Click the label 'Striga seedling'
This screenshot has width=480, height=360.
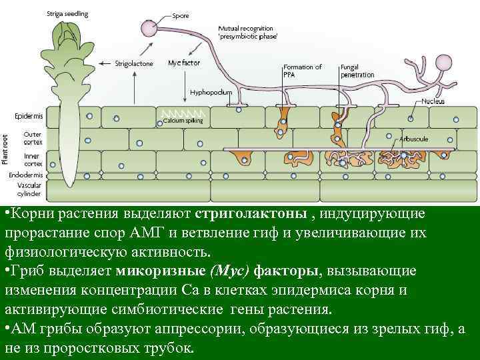coord(67,13)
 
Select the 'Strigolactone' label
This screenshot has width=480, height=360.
coord(134,63)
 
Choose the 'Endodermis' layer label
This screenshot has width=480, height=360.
coord(26,175)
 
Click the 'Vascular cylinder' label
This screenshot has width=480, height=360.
coord(29,189)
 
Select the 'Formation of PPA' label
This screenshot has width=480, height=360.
coord(302,71)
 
